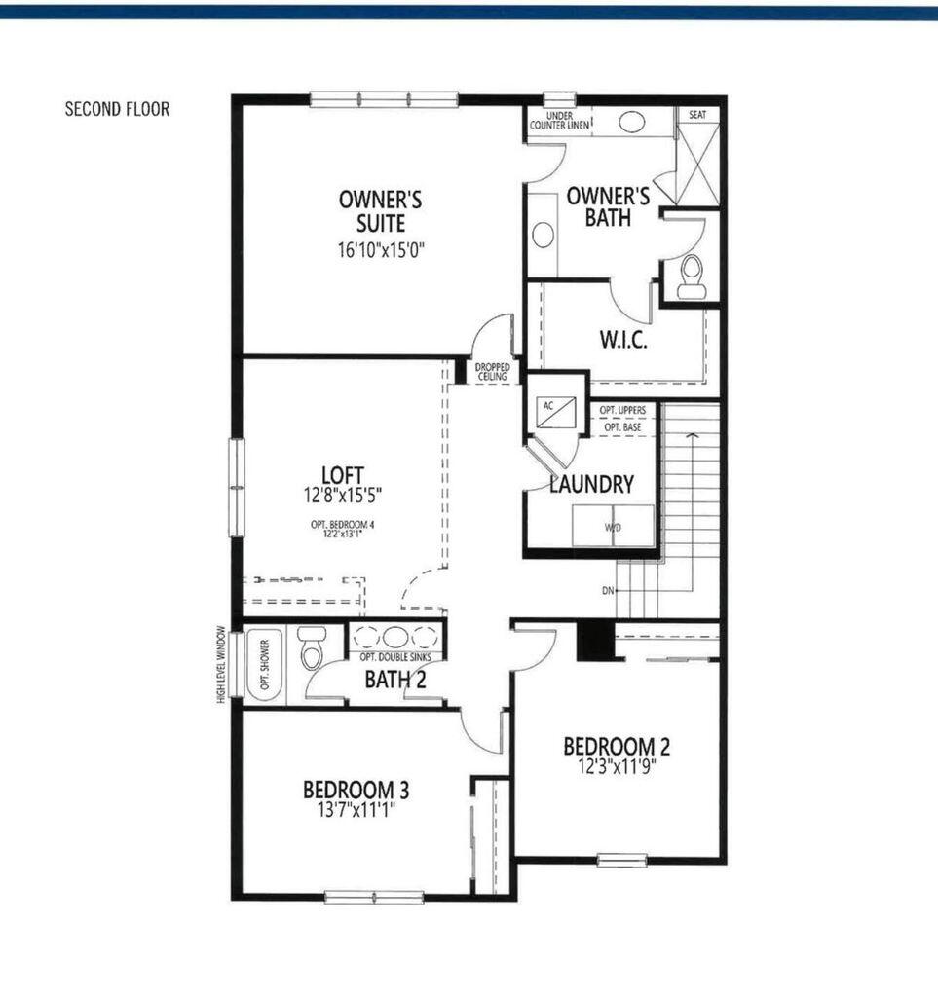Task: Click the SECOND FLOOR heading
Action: pyautogui.click(x=117, y=109)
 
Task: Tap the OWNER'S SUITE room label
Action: pyautogui.click(x=380, y=212)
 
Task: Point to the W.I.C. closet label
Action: pyautogui.click(x=623, y=341)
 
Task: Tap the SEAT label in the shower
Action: pyautogui.click(x=697, y=115)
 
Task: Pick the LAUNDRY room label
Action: pyautogui.click(x=592, y=484)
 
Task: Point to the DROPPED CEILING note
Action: pyautogui.click(x=492, y=372)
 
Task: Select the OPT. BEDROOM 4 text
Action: pyautogui.click(x=342, y=525)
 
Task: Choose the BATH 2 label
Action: pyautogui.click(x=395, y=680)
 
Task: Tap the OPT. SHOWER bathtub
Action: pyautogui.click(x=264, y=664)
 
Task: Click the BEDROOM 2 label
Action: pyautogui.click(x=617, y=747)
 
